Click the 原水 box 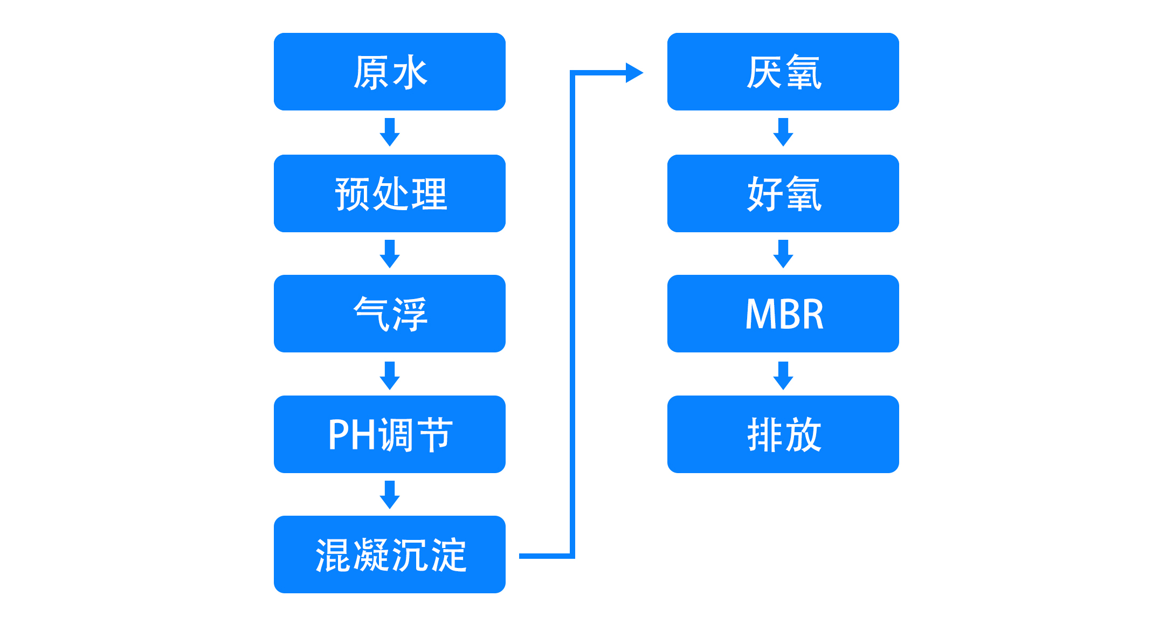click(x=390, y=72)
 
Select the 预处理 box click(x=390, y=193)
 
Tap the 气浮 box click(x=390, y=314)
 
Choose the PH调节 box click(x=390, y=434)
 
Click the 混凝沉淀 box click(x=390, y=554)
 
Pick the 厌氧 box click(x=783, y=72)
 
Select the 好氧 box click(x=783, y=193)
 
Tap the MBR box click(x=783, y=314)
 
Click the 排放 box click(x=783, y=434)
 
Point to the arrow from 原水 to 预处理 click(x=390, y=132)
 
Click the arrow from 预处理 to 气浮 click(x=390, y=254)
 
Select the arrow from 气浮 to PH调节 click(x=390, y=376)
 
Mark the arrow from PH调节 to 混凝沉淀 click(x=390, y=495)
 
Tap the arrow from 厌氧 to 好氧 click(x=783, y=132)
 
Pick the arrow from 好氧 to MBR click(x=783, y=254)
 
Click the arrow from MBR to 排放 click(x=783, y=376)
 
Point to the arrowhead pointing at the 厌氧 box click(x=634, y=73)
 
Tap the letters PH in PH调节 click(x=352, y=435)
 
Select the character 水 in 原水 click(x=410, y=72)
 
